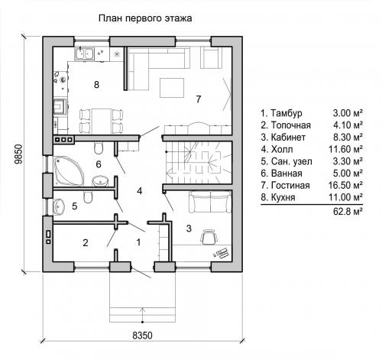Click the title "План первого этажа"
[145, 18]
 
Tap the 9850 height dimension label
[18, 154]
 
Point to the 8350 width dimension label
[142, 336]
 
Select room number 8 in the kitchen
[96, 84]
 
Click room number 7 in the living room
[199, 99]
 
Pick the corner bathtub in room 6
[68, 171]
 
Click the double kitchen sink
[84, 54]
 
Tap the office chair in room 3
[209, 237]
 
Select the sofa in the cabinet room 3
[210, 202]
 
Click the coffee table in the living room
[172, 88]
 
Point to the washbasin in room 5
[58, 206]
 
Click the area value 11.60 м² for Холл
[345, 149]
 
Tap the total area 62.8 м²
[348, 211]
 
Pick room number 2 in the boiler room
[86, 242]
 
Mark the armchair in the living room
[211, 57]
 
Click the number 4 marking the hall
[139, 191]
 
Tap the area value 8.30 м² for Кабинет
[348, 137]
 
